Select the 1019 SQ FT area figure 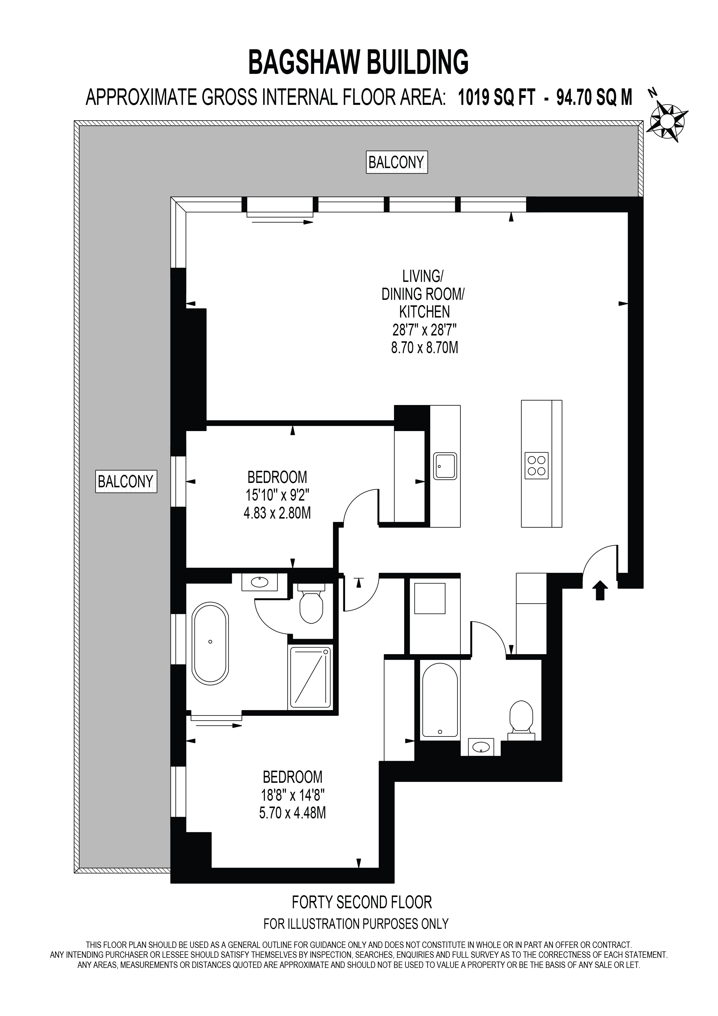click(x=497, y=97)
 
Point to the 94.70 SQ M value click(x=594, y=97)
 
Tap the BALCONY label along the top click(x=397, y=163)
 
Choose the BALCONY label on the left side click(x=126, y=481)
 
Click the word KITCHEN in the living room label click(x=424, y=312)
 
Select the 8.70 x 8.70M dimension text click(x=424, y=348)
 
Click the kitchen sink click(x=445, y=466)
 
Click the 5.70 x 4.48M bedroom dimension click(x=293, y=813)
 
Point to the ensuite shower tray click(x=310, y=677)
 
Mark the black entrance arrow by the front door click(x=600, y=591)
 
